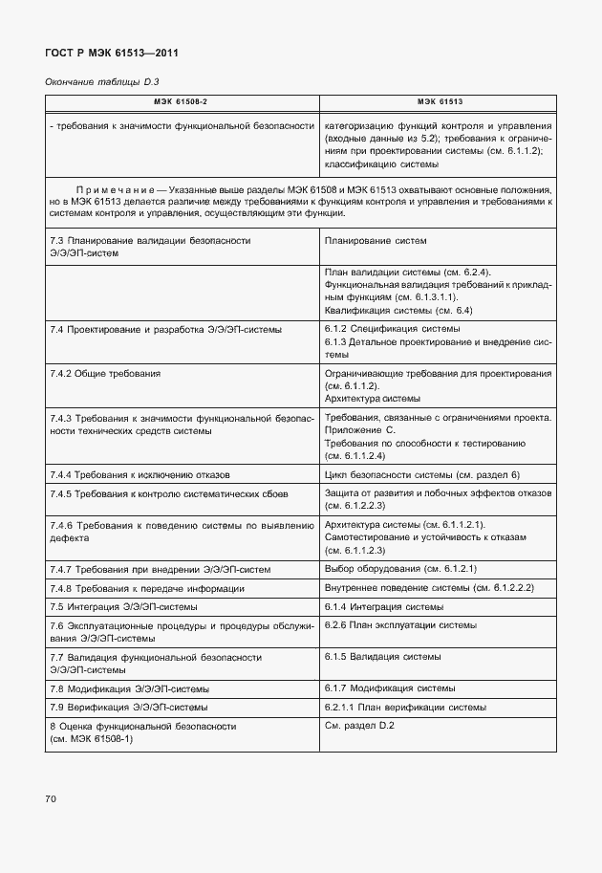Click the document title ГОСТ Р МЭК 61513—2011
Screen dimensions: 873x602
pyautogui.click(x=111, y=53)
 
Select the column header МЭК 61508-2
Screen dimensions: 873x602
pyautogui.click(x=182, y=101)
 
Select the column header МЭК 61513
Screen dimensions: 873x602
pyautogui.click(x=440, y=101)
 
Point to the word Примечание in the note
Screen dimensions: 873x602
pyautogui.click(x=118, y=190)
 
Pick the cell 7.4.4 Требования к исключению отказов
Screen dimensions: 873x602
pyautogui.click(x=140, y=475)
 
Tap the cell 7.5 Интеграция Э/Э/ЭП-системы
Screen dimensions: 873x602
pyautogui.click(x=124, y=606)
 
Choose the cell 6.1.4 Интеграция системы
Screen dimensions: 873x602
pyautogui.click(x=382, y=606)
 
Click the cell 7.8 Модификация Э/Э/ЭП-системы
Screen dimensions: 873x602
pyautogui.click(x=129, y=688)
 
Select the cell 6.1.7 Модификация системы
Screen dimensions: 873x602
pyautogui.click(x=389, y=688)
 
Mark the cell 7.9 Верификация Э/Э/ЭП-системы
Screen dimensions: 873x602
pyautogui.click(x=128, y=708)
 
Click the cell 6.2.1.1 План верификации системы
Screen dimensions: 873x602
pyautogui.click(x=406, y=708)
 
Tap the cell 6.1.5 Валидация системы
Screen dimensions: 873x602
pyautogui.click(x=383, y=657)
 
